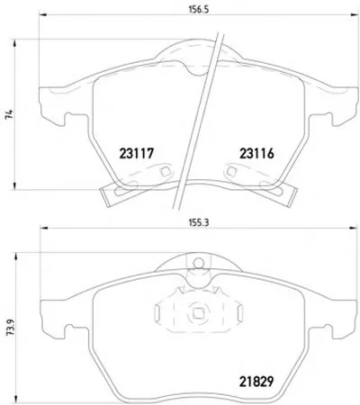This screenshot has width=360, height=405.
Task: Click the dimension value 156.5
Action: [198, 9]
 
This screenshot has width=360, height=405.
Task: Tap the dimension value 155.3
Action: [199, 223]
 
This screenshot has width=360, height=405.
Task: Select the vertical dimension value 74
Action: [9, 114]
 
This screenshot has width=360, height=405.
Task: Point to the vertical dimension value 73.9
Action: [11, 328]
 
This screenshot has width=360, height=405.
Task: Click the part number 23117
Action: [137, 154]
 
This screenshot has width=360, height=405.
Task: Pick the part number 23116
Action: [256, 154]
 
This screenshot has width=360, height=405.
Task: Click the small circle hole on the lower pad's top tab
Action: [198, 263]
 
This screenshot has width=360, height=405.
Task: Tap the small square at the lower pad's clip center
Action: [198, 313]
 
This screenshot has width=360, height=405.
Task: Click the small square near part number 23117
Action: [166, 172]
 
